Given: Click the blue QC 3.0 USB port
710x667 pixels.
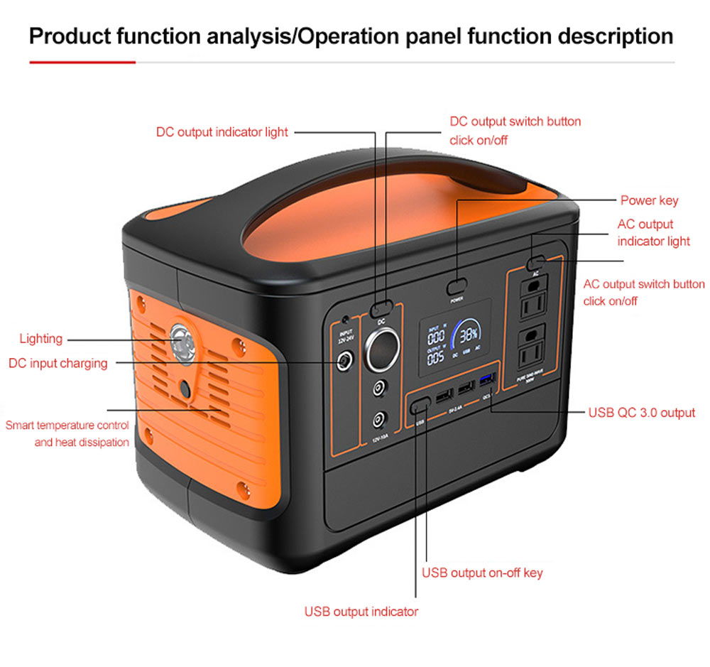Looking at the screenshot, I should pos(487,377).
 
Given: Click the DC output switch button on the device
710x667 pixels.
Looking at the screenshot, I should pos(382,308).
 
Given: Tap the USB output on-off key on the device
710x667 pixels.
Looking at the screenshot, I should pos(420,404).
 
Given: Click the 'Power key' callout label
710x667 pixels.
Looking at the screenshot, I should pos(649,200).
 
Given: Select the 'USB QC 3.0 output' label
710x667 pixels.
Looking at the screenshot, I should pos(641,413).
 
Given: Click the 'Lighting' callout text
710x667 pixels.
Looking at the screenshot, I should pos(41,339).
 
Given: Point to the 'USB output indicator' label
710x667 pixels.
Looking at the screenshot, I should pos(361,612).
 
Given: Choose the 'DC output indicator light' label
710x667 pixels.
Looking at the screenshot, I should pos(222,132).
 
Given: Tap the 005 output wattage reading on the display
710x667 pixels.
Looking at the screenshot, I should pos(435,357).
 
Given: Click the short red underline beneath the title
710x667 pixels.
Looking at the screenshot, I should pos(82,63).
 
